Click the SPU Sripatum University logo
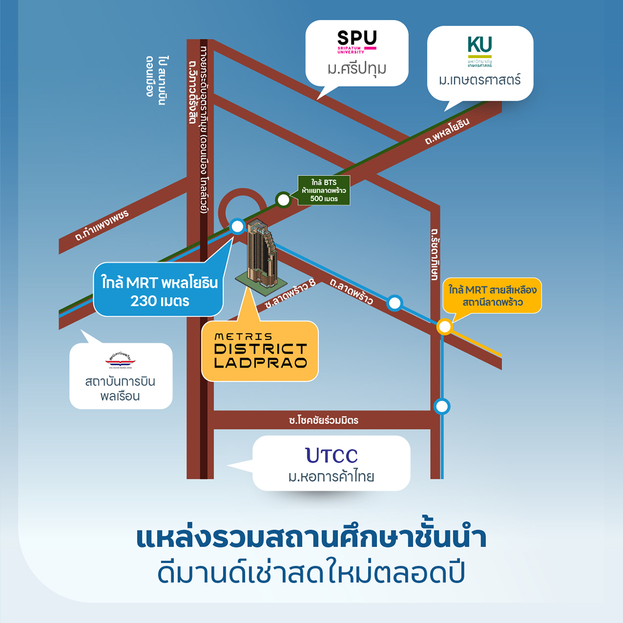click(x=357, y=42)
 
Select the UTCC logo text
click(x=332, y=455)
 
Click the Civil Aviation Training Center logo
click(x=120, y=359)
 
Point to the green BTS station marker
click(x=283, y=199)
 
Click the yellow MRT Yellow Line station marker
click(x=444, y=327)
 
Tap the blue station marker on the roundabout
click(x=237, y=226)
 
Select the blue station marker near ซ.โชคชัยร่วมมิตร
click(x=442, y=406)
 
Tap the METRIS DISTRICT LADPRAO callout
click(x=260, y=351)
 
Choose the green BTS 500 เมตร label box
click(x=324, y=191)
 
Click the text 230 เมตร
click(x=160, y=301)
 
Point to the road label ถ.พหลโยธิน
click(x=447, y=131)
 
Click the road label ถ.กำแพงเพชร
click(x=102, y=226)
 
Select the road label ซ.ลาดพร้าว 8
click(x=290, y=294)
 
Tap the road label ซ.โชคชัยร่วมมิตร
click(x=323, y=420)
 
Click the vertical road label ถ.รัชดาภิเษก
click(x=435, y=254)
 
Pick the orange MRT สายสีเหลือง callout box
click(x=492, y=296)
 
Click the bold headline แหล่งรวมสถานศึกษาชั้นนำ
click(x=311, y=538)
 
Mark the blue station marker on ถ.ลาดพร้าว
click(x=395, y=303)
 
